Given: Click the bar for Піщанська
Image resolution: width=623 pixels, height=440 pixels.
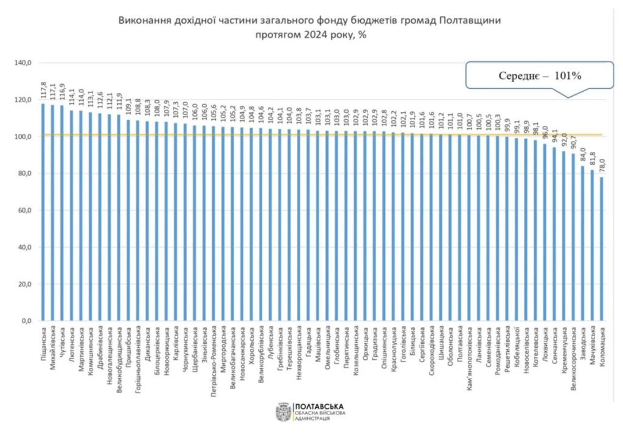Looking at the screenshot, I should pyautogui.click(x=43, y=213).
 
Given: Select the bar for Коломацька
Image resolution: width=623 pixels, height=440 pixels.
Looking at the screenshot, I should pyautogui.click(x=602, y=249).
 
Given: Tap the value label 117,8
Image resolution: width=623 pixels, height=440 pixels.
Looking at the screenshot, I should pyautogui.click(x=43, y=91).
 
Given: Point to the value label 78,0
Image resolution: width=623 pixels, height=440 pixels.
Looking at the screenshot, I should pyautogui.click(x=602, y=165).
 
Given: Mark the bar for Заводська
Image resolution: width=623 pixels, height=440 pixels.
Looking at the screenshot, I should pyautogui.click(x=583, y=244).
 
